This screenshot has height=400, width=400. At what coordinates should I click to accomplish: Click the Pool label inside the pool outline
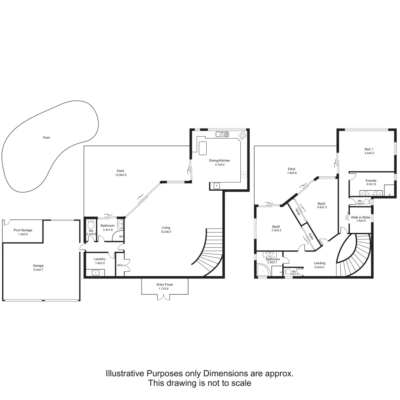46,137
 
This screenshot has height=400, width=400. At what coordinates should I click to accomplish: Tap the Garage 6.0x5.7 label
38,267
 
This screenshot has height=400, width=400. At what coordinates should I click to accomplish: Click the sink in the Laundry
97,273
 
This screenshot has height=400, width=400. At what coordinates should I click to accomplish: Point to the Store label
120,265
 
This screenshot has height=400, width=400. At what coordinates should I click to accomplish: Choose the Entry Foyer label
165,286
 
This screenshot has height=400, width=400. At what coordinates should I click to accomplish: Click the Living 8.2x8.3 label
166,229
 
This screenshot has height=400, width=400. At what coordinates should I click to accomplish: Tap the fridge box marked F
217,185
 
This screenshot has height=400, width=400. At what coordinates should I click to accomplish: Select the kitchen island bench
203,147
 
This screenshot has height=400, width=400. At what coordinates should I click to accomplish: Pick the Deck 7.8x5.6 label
291,171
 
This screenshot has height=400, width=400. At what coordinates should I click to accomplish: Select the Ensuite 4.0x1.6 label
371,182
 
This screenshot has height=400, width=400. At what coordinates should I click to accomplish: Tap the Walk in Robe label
360,219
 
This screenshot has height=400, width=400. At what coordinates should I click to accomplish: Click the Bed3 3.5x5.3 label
277,229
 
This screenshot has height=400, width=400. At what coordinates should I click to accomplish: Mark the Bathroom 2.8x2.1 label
273,261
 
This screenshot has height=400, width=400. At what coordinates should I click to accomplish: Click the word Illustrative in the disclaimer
126,373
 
